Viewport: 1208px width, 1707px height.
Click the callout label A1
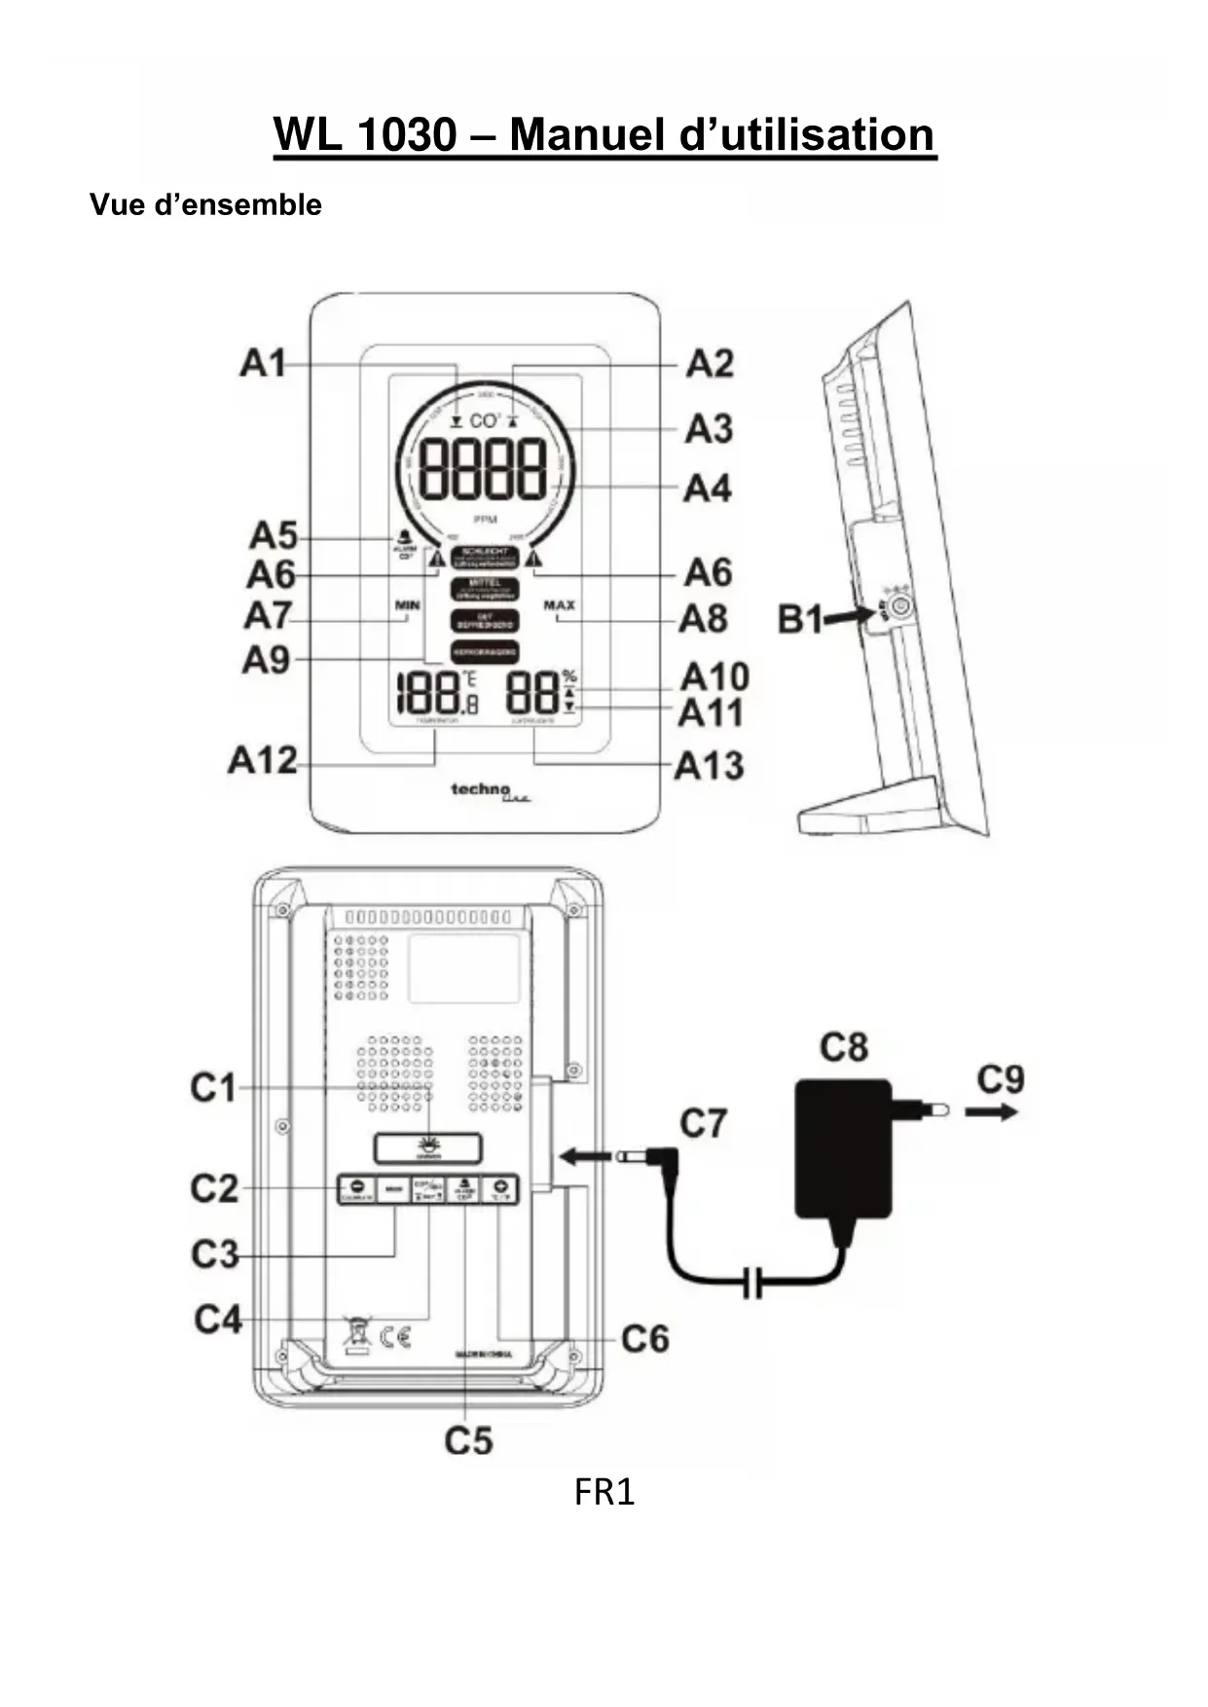[x=263, y=364]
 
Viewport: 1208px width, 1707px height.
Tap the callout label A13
[x=710, y=766]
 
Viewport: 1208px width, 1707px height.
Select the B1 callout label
[x=801, y=619]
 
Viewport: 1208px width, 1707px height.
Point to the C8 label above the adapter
[x=843, y=1047]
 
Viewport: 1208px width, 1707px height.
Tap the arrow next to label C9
[x=992, y=1110]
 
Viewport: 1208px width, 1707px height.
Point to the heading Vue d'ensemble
[x=205, y=204]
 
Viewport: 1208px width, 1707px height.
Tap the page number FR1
[x=604, y=1492]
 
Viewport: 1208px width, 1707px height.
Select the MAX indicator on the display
[x=559, y=605]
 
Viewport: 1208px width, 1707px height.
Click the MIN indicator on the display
[x=407, y=605]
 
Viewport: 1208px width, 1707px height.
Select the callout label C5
[x=468, y=1440]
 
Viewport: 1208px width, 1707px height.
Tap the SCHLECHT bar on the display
[x=484, y=556]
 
